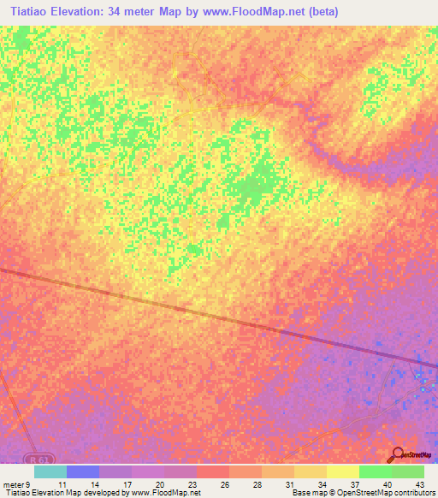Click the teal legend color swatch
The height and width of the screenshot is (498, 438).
50,471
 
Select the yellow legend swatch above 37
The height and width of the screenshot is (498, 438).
342,471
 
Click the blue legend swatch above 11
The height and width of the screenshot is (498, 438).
83,471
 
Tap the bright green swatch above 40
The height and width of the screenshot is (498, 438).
375,471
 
